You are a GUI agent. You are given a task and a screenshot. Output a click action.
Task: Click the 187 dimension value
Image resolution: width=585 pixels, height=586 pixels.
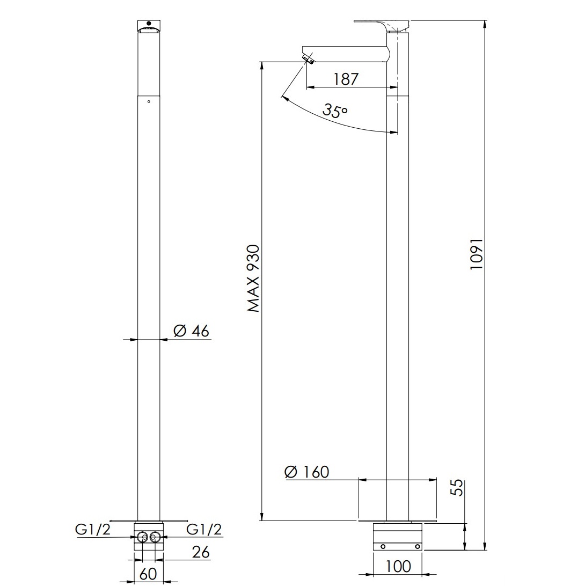coord(346,79)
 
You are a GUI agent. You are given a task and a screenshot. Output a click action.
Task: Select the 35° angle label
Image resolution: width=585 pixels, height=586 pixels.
coord(335,110)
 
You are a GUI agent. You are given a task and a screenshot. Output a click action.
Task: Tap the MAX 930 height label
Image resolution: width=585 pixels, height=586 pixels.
coord(253,279)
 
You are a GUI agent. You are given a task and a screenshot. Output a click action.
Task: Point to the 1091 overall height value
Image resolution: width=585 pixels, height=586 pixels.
coord(477,254)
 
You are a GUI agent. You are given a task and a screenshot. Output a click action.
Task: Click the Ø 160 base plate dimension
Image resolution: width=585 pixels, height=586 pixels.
coord(306,472)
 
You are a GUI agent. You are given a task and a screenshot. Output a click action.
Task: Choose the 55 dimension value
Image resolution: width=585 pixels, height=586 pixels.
coord(457,487)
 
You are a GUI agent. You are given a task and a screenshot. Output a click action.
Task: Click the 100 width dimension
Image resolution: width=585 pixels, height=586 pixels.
coord(397,567)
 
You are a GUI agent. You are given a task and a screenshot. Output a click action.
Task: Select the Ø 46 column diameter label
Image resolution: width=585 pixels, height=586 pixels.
coord(192,331)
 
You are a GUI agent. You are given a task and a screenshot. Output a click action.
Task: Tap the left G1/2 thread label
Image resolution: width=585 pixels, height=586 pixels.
coord(93,529)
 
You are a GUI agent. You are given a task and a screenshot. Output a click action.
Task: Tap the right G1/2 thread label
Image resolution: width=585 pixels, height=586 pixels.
coord(204,529)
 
